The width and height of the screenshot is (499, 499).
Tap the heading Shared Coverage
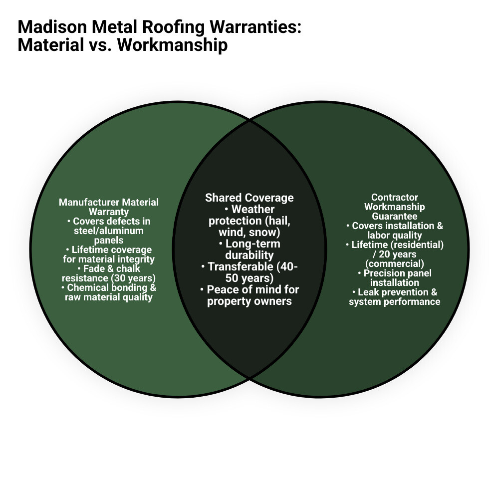[x=249, y=198]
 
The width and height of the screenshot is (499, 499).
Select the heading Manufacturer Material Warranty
[x=109, y=207]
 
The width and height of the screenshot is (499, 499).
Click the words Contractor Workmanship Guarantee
[x=395, y=207]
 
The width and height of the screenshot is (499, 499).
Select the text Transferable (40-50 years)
[x=249, y=272]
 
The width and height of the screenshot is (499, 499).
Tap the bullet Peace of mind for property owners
[x=249, y=295]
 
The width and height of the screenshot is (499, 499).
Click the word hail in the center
[x=280, y=221]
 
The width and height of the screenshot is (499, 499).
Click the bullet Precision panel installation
[x=395, y=278]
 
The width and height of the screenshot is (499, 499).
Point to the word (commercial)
[x=395, y=263]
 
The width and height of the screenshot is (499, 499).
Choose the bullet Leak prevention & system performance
[x=395, y=297]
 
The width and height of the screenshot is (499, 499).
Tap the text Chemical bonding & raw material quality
[x=109, y=292]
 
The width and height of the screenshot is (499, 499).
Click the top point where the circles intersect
[x=249, y=120]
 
